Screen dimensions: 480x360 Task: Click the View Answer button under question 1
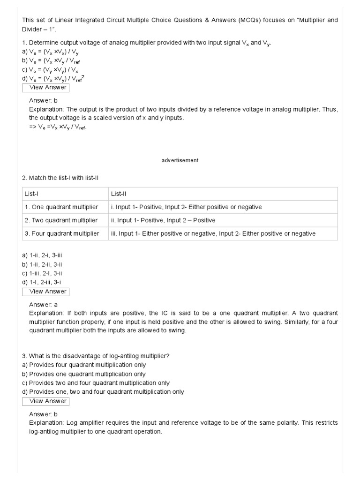click(x=45, y=87)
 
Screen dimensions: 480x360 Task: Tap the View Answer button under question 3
click(x=45, y=401)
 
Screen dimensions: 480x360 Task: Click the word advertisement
click(x=180, y=160)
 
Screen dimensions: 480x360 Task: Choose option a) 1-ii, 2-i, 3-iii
click(x=42, y=255)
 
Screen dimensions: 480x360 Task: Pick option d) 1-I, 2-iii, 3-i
click(x=41, y=282)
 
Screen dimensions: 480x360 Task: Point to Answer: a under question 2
click(x=43, y=304)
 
